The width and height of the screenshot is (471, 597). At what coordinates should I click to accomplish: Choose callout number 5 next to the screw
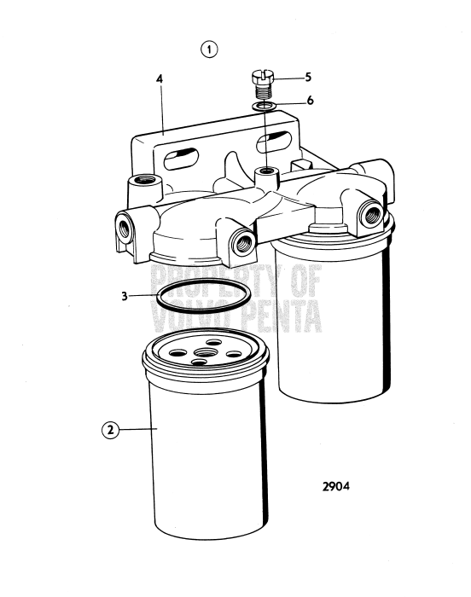pos(309,77)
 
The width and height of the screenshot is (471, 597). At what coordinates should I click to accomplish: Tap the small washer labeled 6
pos(264,107)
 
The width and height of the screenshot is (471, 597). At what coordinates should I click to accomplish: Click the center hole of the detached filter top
pos(205,351)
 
